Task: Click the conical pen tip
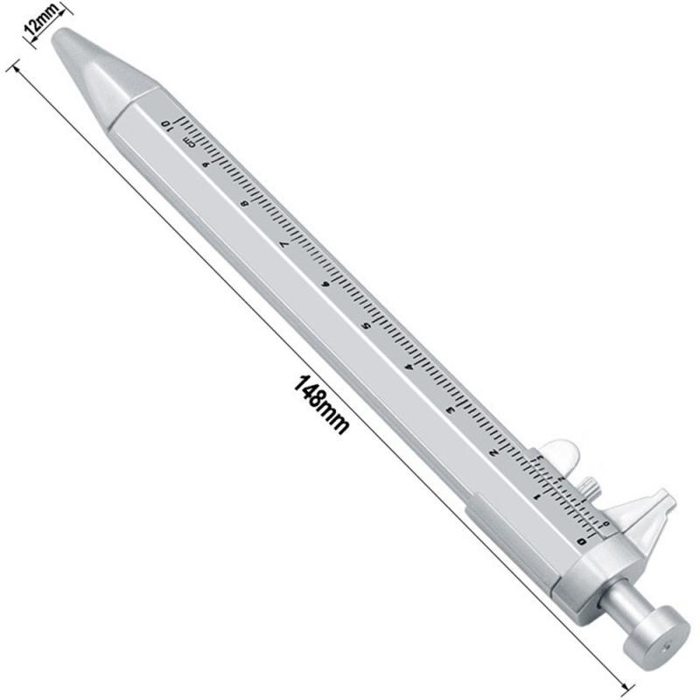pos(96,66)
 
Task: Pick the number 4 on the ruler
pos(408,368)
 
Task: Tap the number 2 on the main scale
pos(495,453)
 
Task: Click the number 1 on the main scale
pos(536,497)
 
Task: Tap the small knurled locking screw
pos(590,483)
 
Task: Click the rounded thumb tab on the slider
pos(561,452)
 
